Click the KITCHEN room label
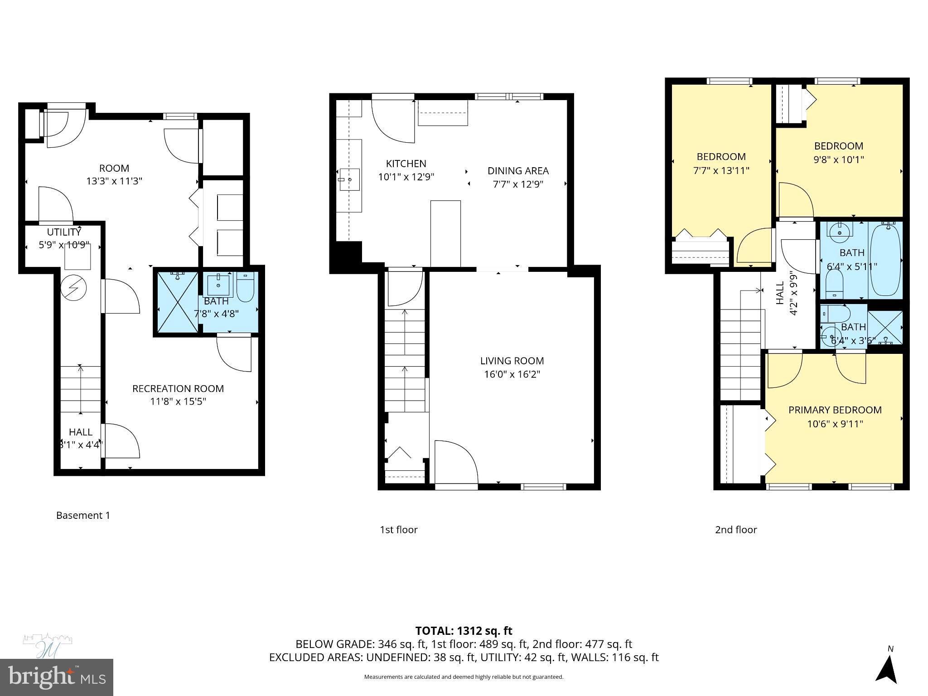(406, 164)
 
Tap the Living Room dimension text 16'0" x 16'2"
(512, 375)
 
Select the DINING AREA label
(518, 171)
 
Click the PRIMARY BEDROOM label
(835, 410)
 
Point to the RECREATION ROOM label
(178, 389)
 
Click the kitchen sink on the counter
(349, 179)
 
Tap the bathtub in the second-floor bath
(884, 259)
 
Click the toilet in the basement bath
(246, 287)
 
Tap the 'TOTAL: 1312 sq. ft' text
(464, 631)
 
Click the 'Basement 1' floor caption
(83, 515)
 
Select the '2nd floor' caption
(735, 530)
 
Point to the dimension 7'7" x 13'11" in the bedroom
(721, 171)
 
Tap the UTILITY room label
(64, 232)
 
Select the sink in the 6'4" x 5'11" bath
(840, 232)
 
